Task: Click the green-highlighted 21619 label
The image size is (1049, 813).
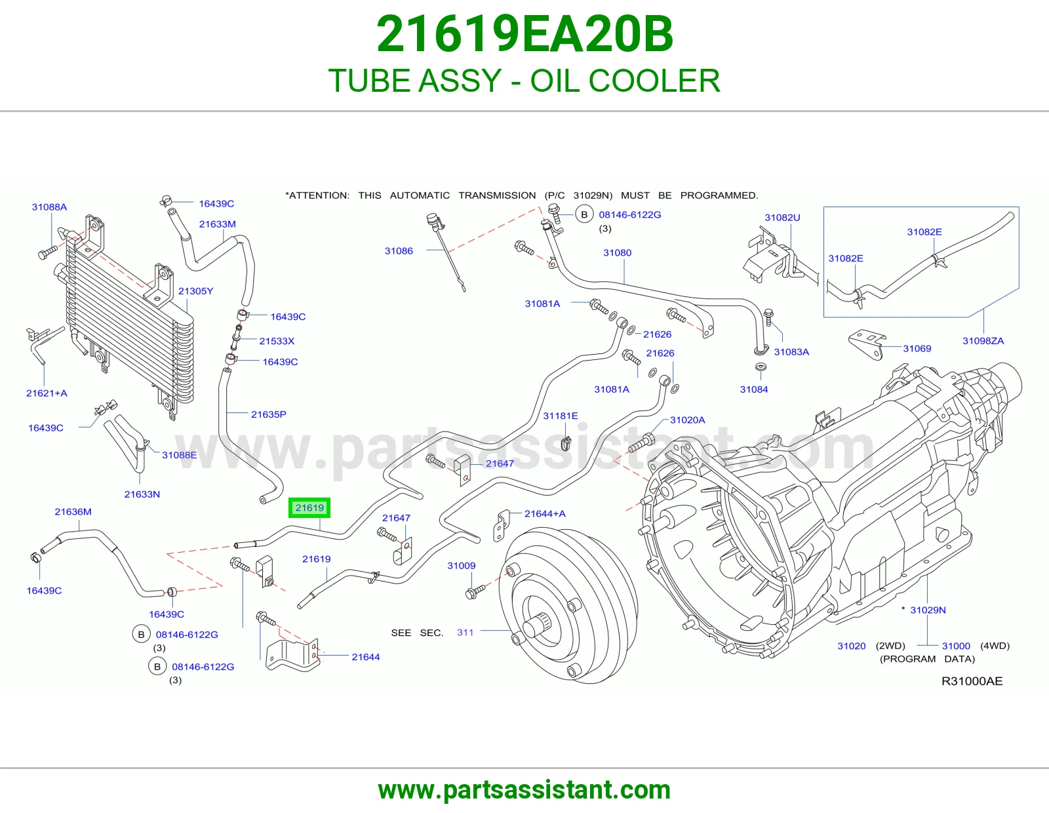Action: pyautogui.click(x=309, y=507)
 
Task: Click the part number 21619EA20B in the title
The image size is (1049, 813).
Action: pyautogui.click(x=524, y=34)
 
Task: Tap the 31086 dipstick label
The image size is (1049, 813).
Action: pyautogui.click(x=399, y=250)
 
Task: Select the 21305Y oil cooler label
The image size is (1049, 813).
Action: pyautogui.click(x=195, y=291)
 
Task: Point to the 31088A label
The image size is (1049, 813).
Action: pyautogui.click(x=49, y=207)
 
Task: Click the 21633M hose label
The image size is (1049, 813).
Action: pyautogui.click(x=217, y=224)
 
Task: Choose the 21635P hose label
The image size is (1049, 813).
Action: pyautogui.click(x=268, y=414)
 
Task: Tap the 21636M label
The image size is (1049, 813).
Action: pyautogui.click(x=73, y=512)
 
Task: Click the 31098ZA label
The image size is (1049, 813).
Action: pyautogui.click(x=983, y=341)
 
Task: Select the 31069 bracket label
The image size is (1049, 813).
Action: pyautogui.click(x=917, y=349)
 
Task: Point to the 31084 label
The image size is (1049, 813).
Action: pyautogui.click(x=754, y=389)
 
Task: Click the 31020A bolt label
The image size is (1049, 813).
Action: pyautogui.click(x=688, y=420)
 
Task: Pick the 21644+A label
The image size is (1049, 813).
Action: pyautogui.click(x=545, y=513)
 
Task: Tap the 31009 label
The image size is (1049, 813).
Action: pyautogui.click(x=462, y=566)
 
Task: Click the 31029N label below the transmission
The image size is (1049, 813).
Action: pyautogui.click(x=928, y=610)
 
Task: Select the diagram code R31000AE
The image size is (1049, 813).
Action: pyautogui.click(x=972, y=681)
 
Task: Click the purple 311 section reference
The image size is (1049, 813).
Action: pyautogui.click(x=465, y=633)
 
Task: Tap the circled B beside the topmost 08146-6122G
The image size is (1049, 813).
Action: pyautogui.click(x=584, y=214)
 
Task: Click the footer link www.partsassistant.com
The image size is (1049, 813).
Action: pyautogui.click(x=524, y=790)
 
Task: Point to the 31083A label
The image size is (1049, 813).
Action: pyautogui.click(x=792, y=352)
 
